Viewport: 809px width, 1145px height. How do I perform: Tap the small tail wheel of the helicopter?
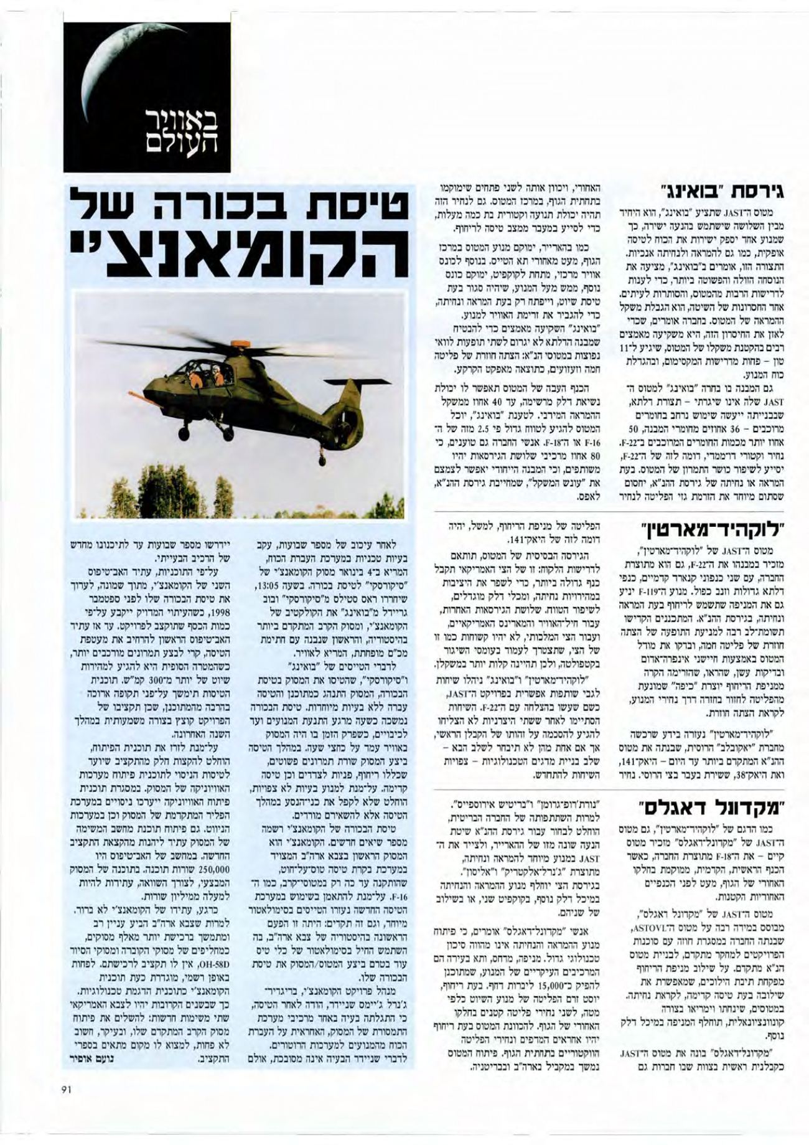pos(321,461)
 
